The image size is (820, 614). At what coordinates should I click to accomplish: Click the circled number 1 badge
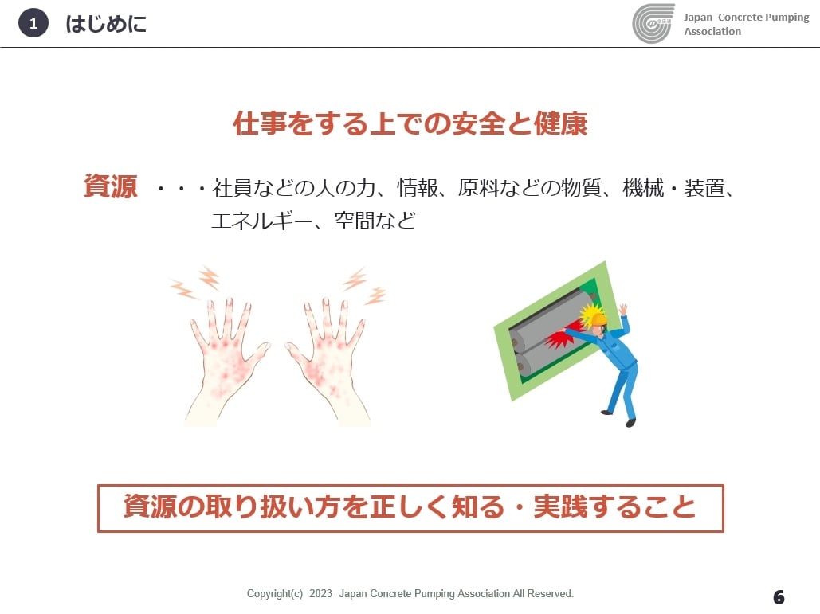pyautogui.click(x=33, y=24)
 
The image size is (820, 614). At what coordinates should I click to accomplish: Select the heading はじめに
pyautogui.click(x=106, y=24)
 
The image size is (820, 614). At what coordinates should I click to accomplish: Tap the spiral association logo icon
pyautogui.click(x=653, y=24)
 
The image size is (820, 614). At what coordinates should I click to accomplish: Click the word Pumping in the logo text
pyautogui.click(x=787, y=18)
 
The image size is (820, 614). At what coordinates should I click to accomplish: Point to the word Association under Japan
pyautogui.click(x=712, y=31)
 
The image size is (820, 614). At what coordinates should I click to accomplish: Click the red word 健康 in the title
pyautogui.click(x=560, y=124)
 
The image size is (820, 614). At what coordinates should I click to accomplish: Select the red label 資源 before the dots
pyautogui.click(x=110, y=186)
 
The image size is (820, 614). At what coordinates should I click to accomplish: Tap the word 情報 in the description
pyautogui.click(x=417, y=188)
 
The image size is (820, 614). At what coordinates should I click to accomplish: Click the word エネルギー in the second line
pyautogui.click(x=261, y=221)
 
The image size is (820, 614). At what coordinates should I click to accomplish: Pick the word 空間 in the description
pyautogui.click(x=355, y=221)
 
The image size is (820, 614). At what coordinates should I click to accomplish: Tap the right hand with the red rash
pyautogui.click(x=327, y=361)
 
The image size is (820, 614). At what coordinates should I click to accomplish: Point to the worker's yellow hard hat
pyautogui.click(x=595, y=317)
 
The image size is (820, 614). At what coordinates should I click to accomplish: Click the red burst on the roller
pyautogui.click(x=559, y=340)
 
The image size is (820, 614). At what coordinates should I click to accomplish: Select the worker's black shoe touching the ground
pyautogui.click(x=631, y=422)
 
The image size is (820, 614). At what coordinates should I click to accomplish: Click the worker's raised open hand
pyautogui.click(x=622, y=310)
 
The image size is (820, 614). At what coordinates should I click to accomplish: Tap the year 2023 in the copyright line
pyautogui.click(x=320, y=593)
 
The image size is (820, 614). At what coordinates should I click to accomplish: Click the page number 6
pyautogui.click(x=779, y=596)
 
